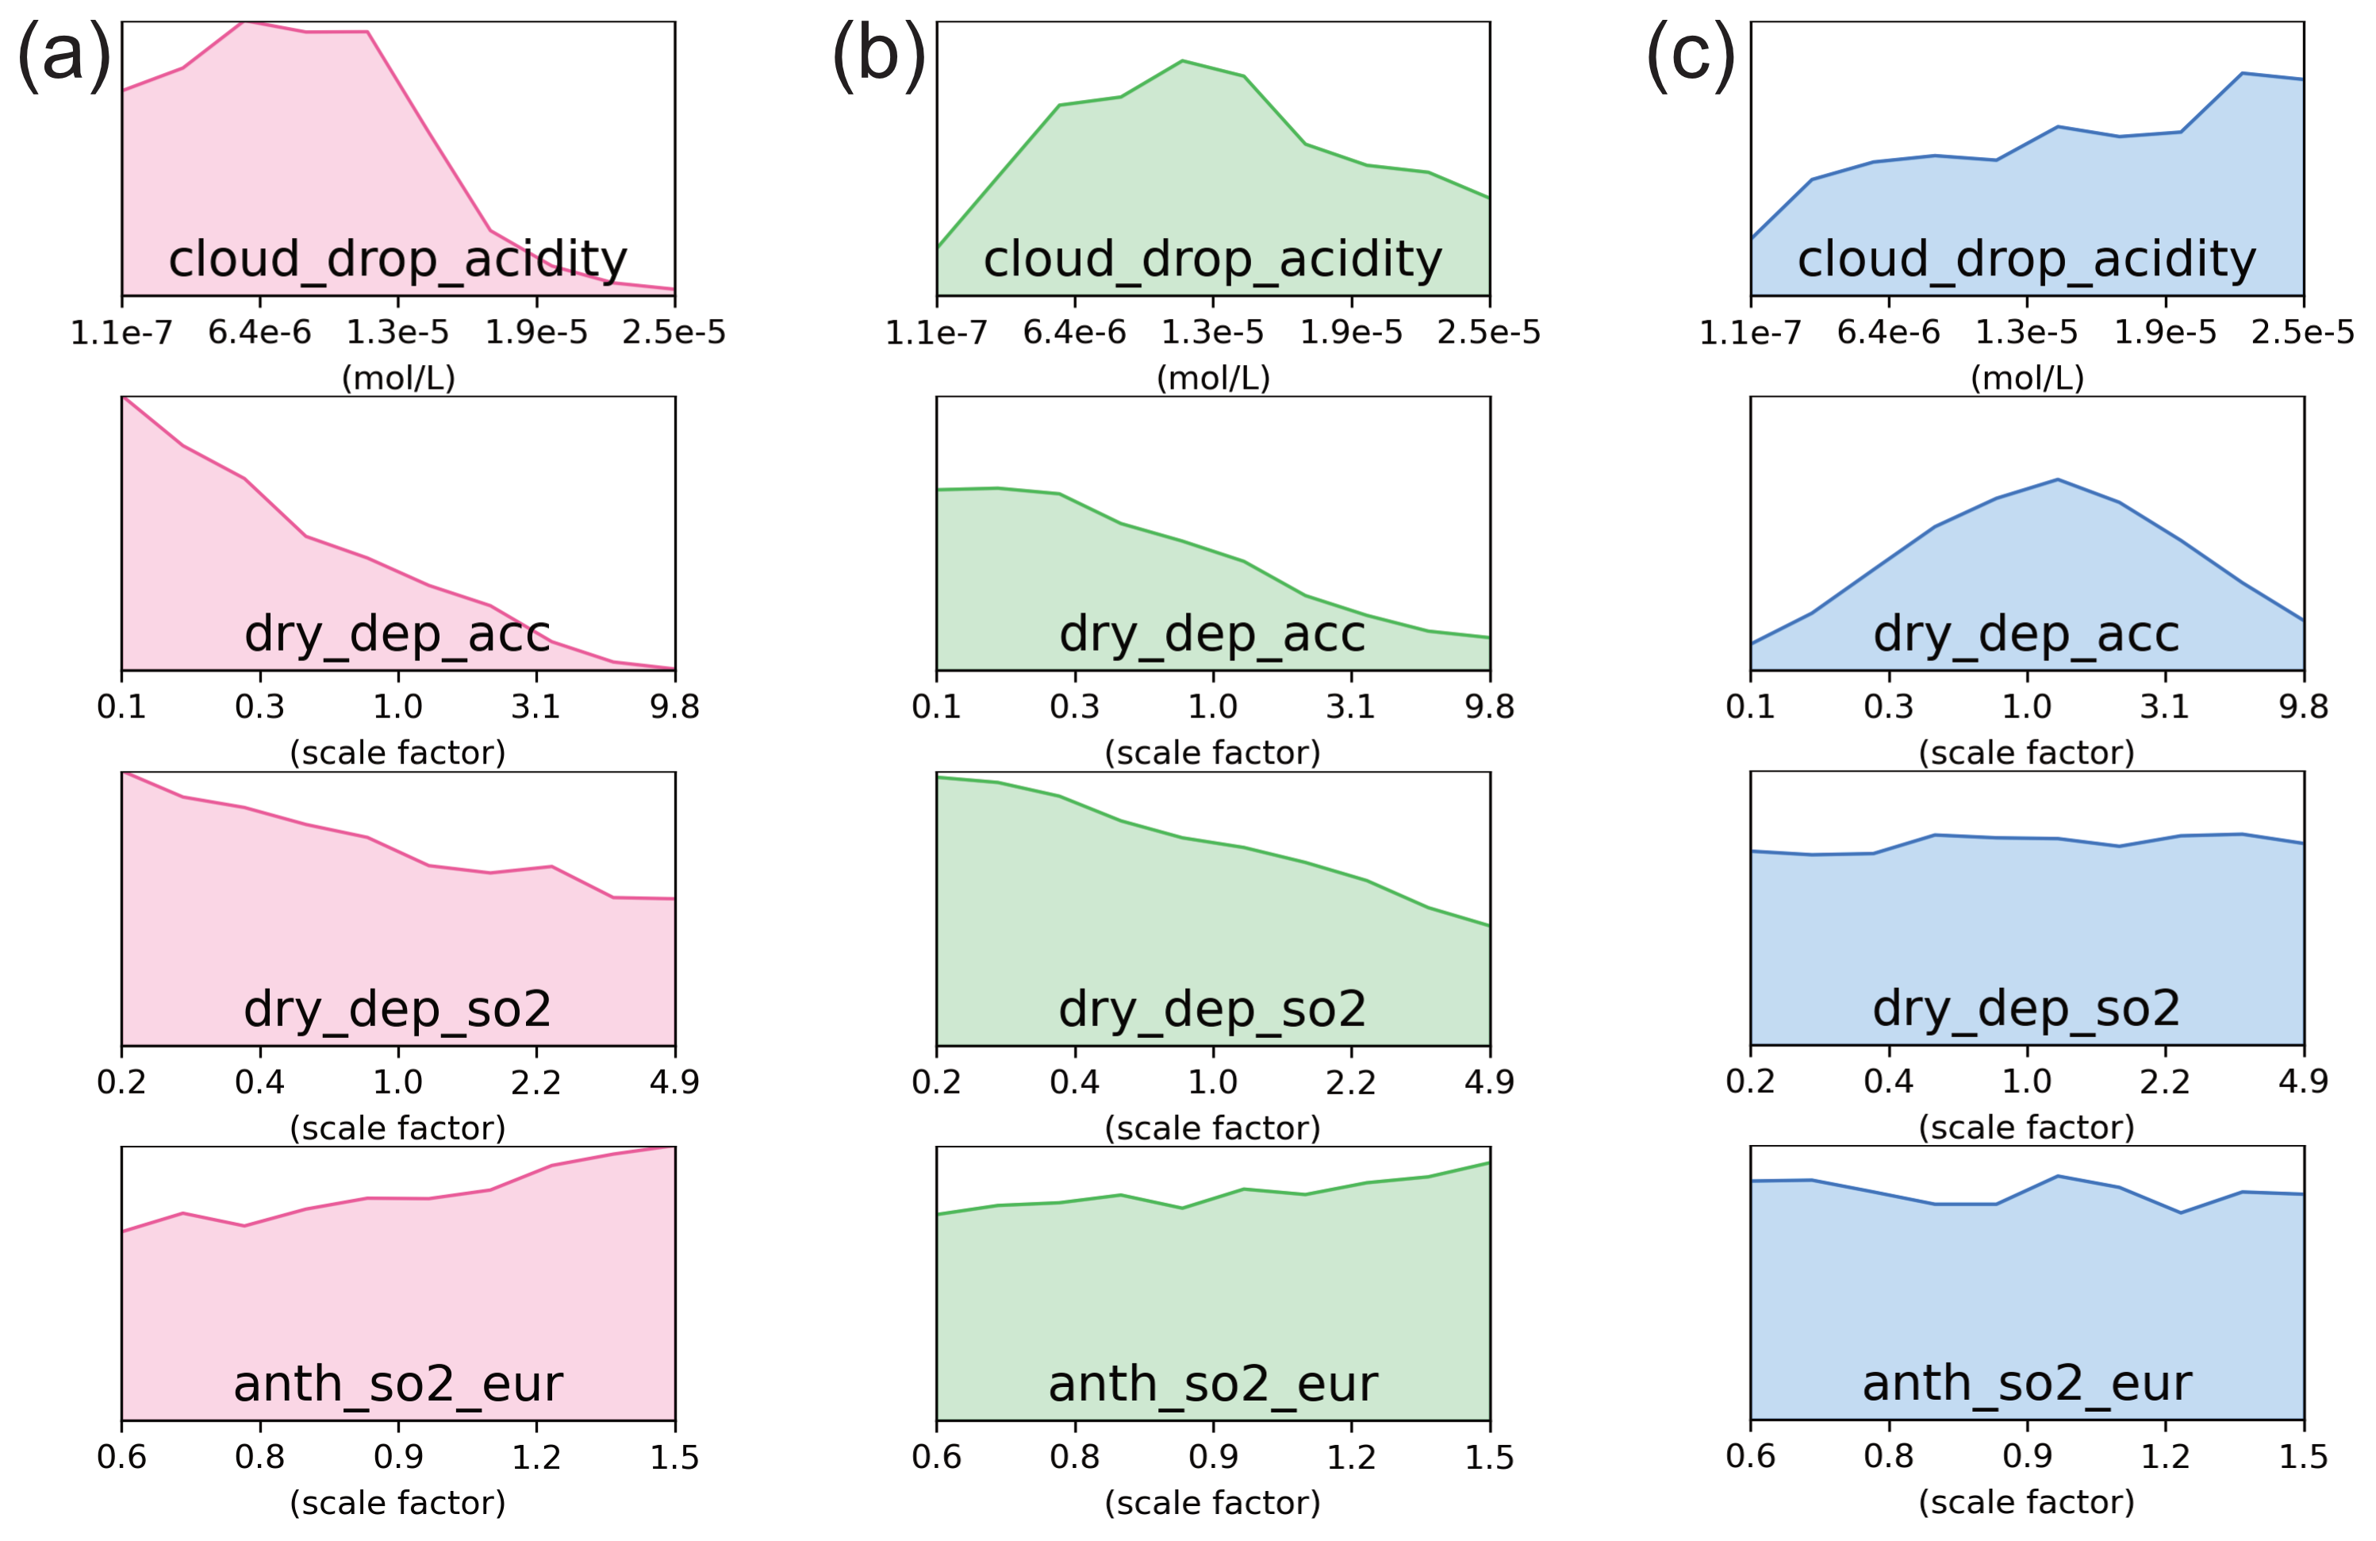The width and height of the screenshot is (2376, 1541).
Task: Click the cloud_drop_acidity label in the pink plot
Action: pyautogui.click(x=397, y=259)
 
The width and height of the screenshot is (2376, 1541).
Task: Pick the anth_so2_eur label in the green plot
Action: pyautogui.click(x=1212, y=1384)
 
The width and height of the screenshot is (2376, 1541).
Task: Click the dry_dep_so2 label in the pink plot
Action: pyautogui.click(x=397, y=1009)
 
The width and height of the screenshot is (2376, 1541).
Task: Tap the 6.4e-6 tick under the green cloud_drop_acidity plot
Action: pyautogui.click(x=1074, y=332)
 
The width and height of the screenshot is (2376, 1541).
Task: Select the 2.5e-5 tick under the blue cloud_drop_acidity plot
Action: pyautogui.click(x=2302, y=332)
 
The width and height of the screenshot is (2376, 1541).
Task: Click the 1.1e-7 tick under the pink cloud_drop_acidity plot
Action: pyautogui.click(x=122, y=332)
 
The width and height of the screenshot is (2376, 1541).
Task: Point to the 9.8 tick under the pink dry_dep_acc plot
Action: pyautogui.click(x=675, y=707)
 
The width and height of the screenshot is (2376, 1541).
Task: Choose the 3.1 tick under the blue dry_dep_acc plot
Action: pyautogui.click(x=2164, y=707)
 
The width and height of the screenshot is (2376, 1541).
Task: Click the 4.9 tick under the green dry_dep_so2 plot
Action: pyautogui.click(x=1490, y=1082)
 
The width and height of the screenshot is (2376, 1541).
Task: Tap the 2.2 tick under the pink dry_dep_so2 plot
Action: pyautogui.click(x=536, y=1082)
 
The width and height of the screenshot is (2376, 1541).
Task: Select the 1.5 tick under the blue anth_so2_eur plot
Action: pyautogui.click(x=2303, y=1457)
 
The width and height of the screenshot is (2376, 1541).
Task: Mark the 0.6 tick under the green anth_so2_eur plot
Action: pyautogui.click(x=936, y=1457)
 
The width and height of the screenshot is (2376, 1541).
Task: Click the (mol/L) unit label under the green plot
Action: pyautogui.click(x=1213, y=378)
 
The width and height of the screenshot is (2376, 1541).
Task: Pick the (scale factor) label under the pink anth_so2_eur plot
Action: pyautogui.click(x=397, y=1503)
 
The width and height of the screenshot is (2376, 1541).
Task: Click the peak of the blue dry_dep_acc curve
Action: pyautogui.click(x=2058, y=479)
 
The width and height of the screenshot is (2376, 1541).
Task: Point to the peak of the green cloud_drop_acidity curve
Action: pyautogui.click(x=1182, y=61)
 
